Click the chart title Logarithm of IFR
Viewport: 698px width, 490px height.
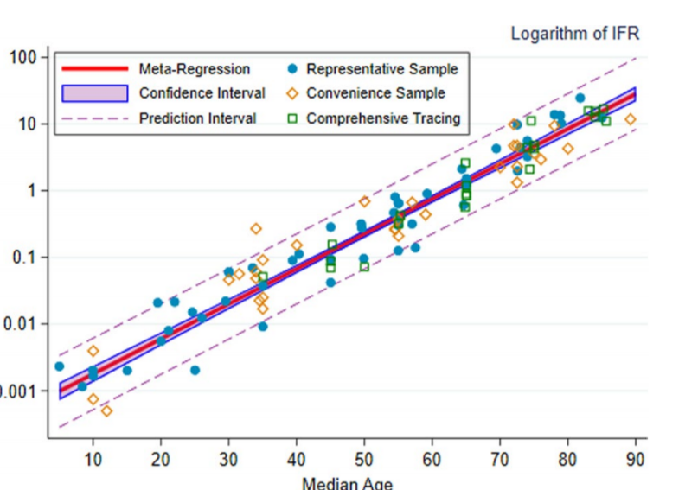574,34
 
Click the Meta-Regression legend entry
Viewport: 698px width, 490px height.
194,69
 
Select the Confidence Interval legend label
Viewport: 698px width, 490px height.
202,93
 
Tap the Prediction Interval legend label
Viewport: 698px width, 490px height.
197,118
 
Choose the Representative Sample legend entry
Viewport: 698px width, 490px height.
381,69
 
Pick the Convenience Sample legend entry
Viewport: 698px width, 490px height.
375,93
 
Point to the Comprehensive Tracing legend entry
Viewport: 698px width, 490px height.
383,118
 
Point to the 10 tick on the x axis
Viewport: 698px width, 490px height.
93,458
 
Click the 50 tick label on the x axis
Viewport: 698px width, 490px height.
364,458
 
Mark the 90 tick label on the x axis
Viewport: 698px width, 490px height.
636,458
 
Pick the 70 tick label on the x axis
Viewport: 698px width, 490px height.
500,458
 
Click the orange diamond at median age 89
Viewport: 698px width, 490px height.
630,119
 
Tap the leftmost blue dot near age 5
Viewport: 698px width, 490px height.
59,366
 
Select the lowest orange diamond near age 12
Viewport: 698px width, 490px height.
106,410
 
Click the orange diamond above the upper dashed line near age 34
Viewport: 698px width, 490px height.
256,229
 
